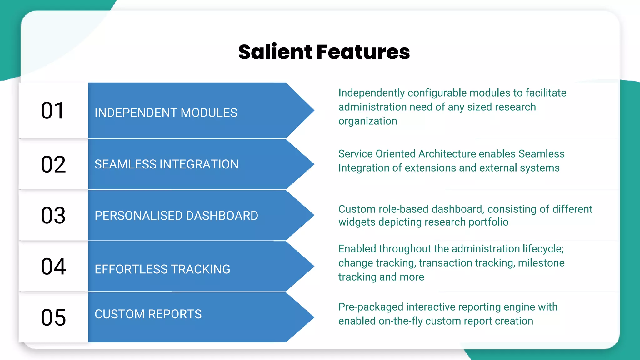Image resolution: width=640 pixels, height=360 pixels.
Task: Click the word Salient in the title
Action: (275, 52)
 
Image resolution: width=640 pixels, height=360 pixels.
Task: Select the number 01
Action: (52, 111)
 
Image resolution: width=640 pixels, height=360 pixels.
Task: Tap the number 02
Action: (53, 164)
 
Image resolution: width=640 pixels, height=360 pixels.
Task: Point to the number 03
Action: (53, 216)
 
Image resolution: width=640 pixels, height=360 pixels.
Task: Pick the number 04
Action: (53, 267)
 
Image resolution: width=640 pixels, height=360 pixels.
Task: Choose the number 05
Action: (53, 318)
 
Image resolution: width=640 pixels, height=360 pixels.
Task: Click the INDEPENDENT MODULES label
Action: (166, 113)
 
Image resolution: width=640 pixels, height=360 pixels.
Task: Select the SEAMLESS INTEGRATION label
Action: (167, 164)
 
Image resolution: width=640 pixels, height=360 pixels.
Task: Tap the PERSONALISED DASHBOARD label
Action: (176, 216)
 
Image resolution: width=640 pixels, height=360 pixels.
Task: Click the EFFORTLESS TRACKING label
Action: (162, 269)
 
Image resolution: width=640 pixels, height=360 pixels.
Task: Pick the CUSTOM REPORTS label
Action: (148, 314)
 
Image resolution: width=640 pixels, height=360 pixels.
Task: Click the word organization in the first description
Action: (367, 121)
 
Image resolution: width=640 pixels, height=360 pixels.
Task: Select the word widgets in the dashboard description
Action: (357, 222)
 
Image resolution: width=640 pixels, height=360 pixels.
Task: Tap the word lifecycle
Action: (543, 249)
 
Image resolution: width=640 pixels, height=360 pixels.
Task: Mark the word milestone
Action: (541, 263)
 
